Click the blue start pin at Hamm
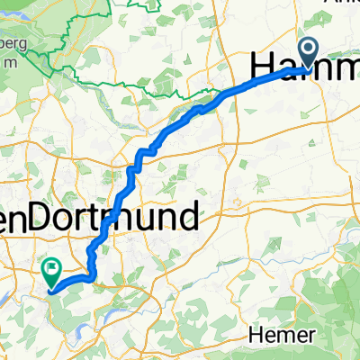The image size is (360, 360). tap(308, 52)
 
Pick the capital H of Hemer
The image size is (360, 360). tap(256, 333)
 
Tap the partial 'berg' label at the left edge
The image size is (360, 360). tap(13, 43)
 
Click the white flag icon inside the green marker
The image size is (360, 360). tap(51, 265)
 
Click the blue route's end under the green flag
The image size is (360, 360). tap(49, 290)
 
